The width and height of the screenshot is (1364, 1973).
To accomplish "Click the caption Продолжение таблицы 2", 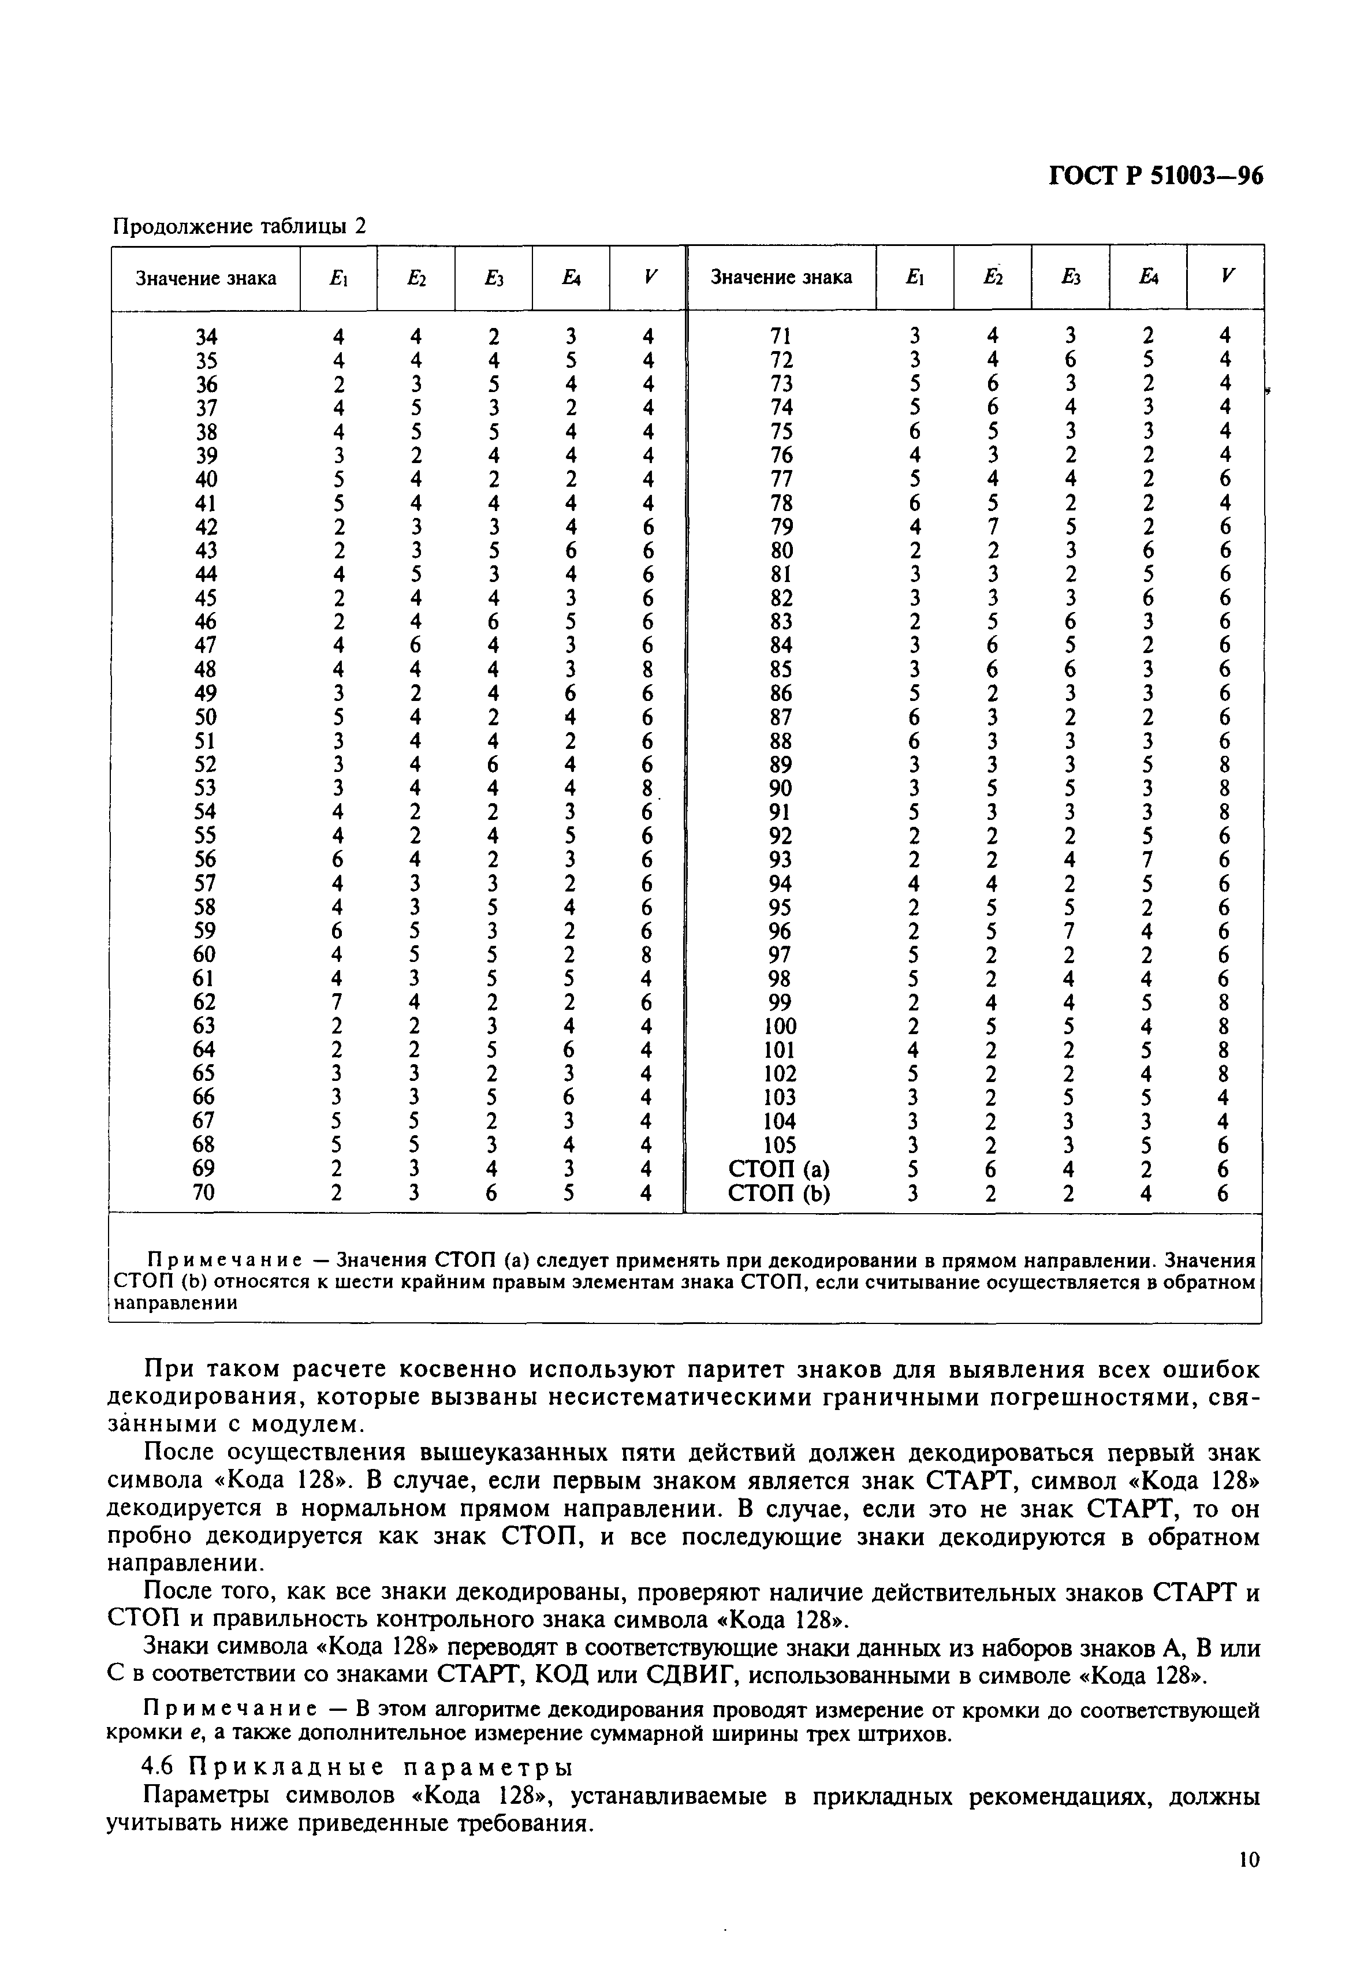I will pos(239,226).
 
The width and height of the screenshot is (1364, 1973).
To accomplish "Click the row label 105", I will pos(780,1144).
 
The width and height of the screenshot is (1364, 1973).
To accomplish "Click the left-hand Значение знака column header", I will pos(206,278).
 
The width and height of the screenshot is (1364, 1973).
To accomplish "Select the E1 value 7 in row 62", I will pos(338,1001).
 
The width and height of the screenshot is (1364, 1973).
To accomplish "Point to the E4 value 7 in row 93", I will pos(1148,859).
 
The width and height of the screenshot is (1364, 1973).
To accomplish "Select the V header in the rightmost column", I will pos(1228,277).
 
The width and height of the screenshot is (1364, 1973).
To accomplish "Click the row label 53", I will pos(204,788).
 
